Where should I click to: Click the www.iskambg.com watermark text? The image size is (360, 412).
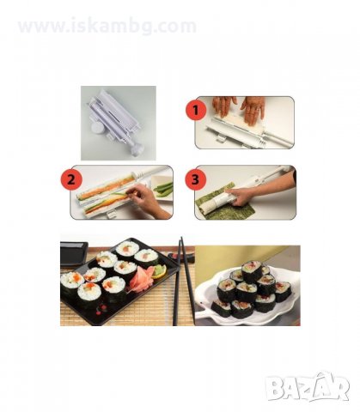pyautogui.click(x=107, y=27)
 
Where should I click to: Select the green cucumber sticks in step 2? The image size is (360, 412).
pyautogui.click(x=163, y=186)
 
